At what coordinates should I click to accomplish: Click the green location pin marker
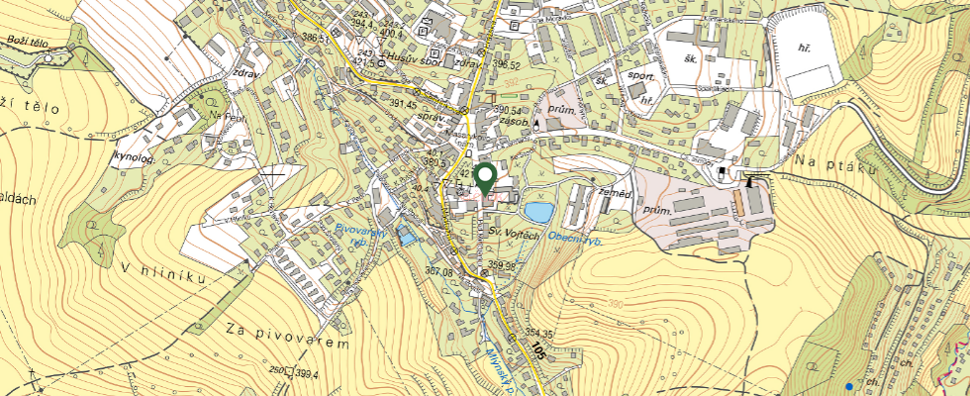pyautogui.click(x=485, y=178)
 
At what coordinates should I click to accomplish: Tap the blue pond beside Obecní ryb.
pyautogui.click(x=539, y=212)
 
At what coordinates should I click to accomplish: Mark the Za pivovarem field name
pyautogui.click(x=287, y=337)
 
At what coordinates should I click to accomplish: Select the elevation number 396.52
pyautogui.click(x=506, y=65)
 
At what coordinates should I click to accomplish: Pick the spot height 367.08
pyautogui.click(x=439, y=271)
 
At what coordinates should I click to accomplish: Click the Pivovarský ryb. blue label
pyautogui.click(x=353, y=237)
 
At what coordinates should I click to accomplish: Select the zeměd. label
pyautogui.click(x=615, y=193)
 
